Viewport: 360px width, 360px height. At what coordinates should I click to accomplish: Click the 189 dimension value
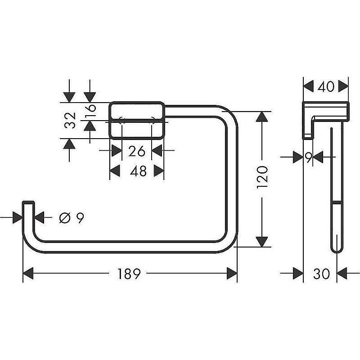click(130, 273)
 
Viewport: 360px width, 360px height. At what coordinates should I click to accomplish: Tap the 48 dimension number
click(137, 171)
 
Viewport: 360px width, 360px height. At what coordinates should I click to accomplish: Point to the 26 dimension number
click(137, 151)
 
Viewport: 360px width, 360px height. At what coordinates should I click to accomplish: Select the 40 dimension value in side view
click(326, 85)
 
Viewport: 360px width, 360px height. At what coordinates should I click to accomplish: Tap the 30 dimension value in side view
click(321, 273)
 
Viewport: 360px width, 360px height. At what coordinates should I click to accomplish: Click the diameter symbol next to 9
click(64, 218)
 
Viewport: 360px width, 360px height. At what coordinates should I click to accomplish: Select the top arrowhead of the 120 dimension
click(262, 118)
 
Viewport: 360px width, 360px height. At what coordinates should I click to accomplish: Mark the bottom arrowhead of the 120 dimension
click(262, 240)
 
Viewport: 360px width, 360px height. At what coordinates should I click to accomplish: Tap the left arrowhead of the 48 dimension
click(116, 171)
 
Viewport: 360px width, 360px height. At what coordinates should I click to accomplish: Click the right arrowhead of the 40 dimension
click(343, 85)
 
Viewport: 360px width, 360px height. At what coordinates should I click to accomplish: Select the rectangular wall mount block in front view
click(137, 121)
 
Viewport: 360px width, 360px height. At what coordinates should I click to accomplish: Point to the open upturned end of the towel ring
click(28, 205)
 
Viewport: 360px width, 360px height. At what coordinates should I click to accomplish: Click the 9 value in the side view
click(308, 157)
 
